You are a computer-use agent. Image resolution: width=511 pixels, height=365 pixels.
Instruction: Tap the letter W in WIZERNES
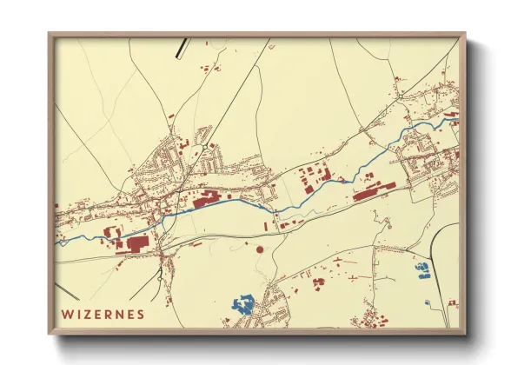pos(66,312)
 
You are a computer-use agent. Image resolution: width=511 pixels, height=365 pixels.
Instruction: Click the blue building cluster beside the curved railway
pos(423,271)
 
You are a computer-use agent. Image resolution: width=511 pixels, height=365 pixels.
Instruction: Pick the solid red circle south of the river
pos(259,249)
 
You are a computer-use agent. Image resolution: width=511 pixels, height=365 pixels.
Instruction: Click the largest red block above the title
pos(138,244)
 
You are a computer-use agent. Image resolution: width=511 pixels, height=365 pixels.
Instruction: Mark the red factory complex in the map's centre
pos(209,202)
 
